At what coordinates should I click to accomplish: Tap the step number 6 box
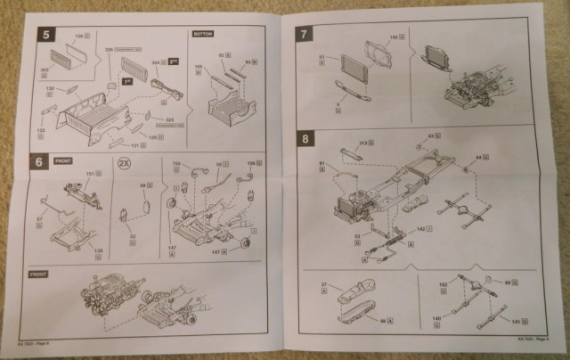point(38,163)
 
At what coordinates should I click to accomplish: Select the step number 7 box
point(305,35)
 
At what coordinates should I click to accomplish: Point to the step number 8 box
point(305,139)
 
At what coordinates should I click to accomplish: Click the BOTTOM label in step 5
point(203,34)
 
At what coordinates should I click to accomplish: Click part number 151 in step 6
point(88,174)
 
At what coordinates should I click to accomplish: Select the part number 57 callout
point(38,217)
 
